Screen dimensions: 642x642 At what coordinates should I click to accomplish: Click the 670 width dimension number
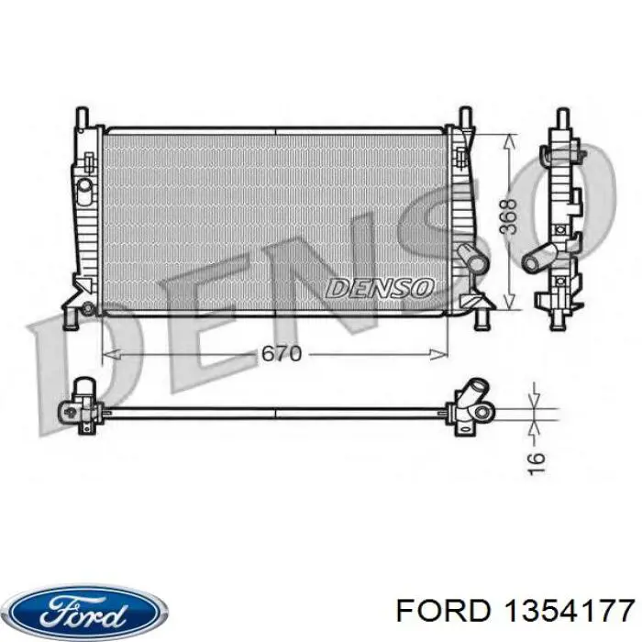tap(280, 353)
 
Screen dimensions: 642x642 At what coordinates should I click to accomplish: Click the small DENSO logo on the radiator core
tap(379, 288)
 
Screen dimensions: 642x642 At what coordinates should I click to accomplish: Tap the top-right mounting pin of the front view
tap(465, 118)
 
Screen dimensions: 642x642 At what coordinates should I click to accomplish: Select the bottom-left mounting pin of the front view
tap(68, 318)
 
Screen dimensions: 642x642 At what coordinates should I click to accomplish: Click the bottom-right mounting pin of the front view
tap(481, 318)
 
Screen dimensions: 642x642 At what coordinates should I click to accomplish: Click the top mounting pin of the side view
tap(561, 120)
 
